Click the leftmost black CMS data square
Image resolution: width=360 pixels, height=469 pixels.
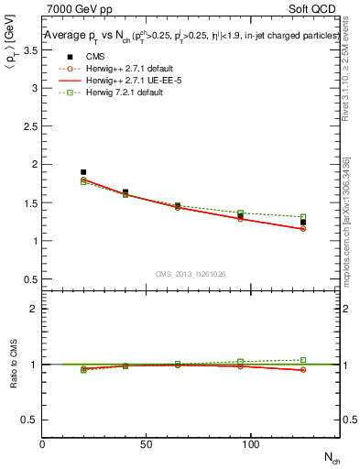pyautogui.click(x=83, y=172)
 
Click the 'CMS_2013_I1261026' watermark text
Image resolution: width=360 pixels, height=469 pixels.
pyautogui.click(x=191, y=274)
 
